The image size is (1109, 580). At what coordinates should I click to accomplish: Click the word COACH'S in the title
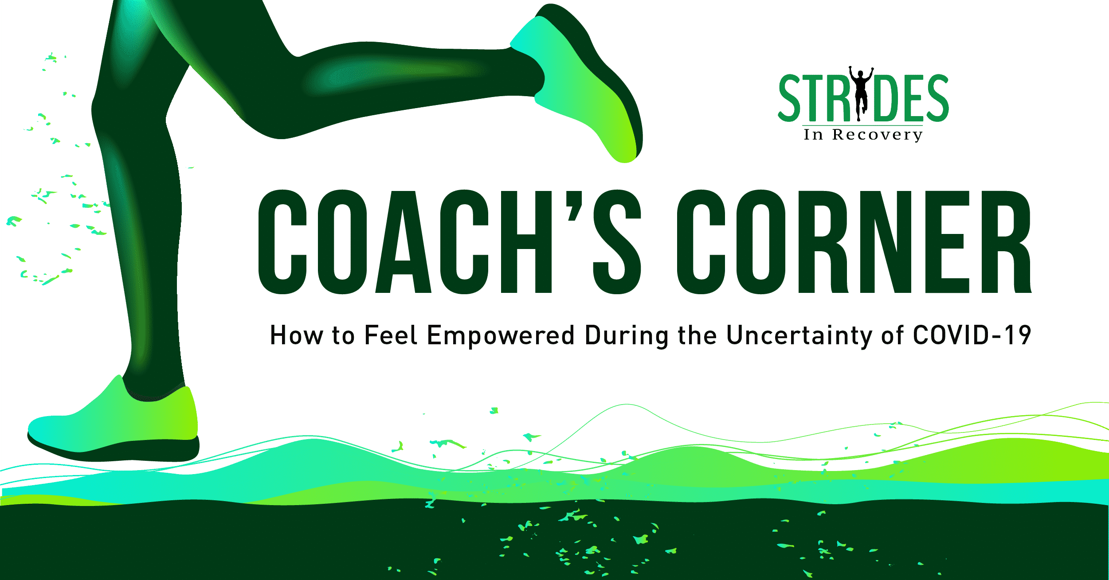coord(450,242)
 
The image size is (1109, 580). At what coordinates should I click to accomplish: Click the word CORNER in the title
coord(854,242)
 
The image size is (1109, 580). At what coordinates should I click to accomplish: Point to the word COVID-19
coord(972,335)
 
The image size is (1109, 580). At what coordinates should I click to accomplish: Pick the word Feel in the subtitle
coord(391,335)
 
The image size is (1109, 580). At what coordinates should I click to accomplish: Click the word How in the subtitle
coord(297,335)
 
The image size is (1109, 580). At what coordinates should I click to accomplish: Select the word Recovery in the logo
coord(878,135)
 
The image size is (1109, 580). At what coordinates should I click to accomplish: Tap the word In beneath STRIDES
coord(813,134)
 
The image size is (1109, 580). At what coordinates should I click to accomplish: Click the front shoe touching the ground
coord(113,421)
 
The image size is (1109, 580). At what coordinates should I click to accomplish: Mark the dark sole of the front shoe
coord(113,450)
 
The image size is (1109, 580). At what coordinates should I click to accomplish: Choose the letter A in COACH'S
coord(403,242)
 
